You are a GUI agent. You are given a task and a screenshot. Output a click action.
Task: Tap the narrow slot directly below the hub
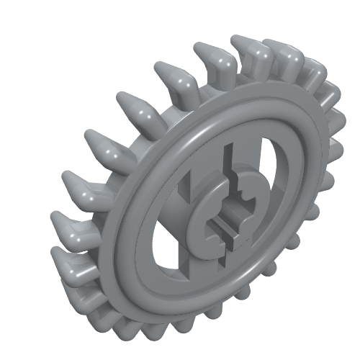click(217, 264)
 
